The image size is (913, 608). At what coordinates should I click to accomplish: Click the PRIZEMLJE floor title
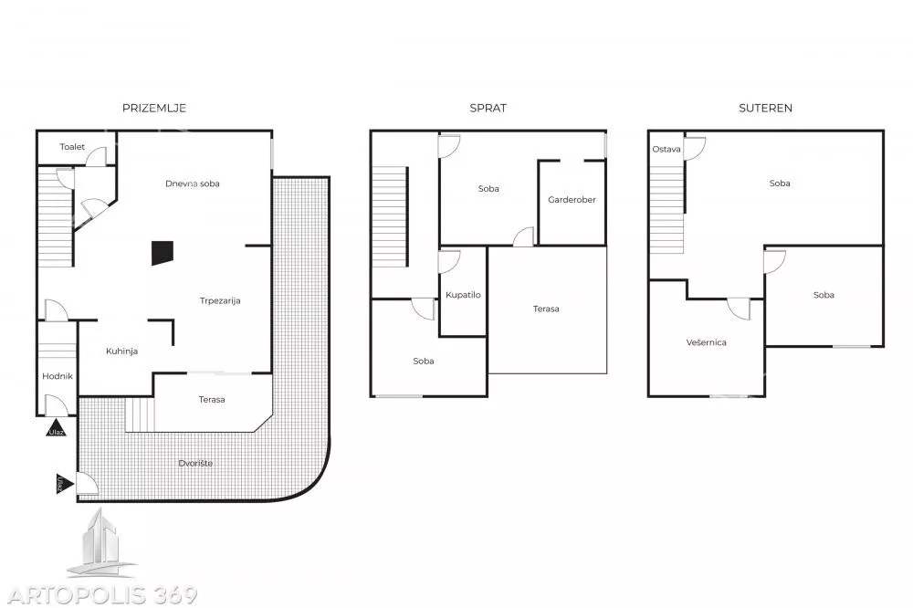[x=154, y=109]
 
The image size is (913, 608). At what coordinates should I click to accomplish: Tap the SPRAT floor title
[x=488, y=109]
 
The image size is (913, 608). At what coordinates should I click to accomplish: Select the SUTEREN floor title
[x=765, y=109]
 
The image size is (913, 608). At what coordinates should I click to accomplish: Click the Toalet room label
[x=72, y=147]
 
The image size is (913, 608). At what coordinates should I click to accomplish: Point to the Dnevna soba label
[x=192, y=183]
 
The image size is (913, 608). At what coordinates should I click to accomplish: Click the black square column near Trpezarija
[x=163, y=253]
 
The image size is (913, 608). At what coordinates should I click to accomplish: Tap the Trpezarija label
[x=220, y=300]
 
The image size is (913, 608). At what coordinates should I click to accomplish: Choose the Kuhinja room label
[x=121, y=351]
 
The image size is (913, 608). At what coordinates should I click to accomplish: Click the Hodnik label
[x=58, y=376]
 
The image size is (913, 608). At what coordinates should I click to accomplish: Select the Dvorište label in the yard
[x=195, y=464]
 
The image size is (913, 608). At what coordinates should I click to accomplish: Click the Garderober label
[x=572, y=200]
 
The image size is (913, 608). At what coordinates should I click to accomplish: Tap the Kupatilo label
[x=463, y=295]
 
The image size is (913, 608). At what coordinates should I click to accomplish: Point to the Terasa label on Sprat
[x=546, y=309]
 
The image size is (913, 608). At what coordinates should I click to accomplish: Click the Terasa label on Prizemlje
[x=212, y=400]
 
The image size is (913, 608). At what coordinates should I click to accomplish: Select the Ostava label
[x=666, y=149]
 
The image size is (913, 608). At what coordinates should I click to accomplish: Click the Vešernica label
[x=707, y=342]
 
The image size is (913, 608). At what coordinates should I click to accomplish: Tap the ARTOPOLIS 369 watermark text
[x=102, y=595]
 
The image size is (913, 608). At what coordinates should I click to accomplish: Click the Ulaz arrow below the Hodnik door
[x=56, y=428]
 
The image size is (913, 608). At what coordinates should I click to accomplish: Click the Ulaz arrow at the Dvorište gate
[x=65, y=483]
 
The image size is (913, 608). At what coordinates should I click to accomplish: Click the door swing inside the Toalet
[x=97, y=156]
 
